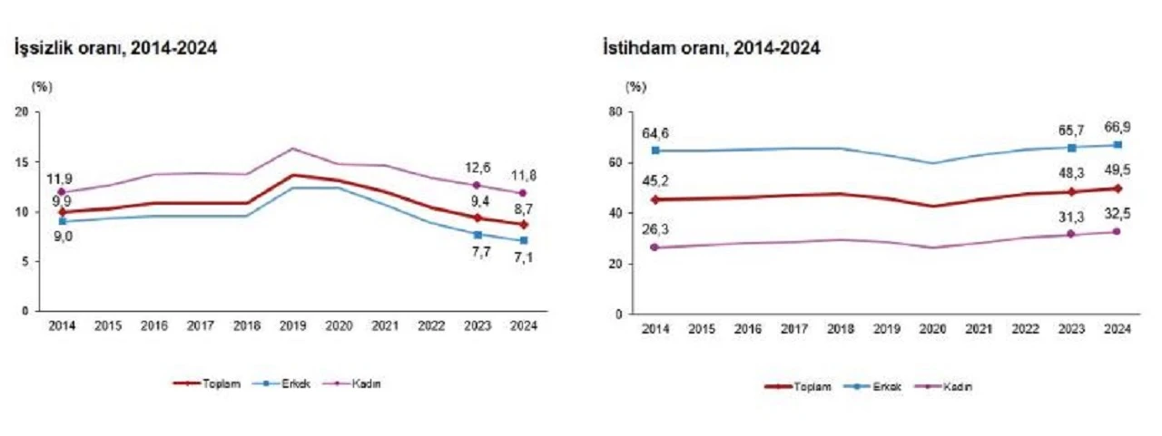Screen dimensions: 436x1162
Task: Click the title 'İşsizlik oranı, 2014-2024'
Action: (114, 49)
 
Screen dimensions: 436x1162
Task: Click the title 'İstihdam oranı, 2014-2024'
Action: (712, 49)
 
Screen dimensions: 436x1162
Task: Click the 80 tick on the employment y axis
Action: (615, 112)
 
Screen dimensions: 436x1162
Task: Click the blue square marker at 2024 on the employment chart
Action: (1118, 145)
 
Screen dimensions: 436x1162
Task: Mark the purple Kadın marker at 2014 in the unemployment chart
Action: (62, 191)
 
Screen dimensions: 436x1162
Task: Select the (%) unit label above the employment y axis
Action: (636, 87)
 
